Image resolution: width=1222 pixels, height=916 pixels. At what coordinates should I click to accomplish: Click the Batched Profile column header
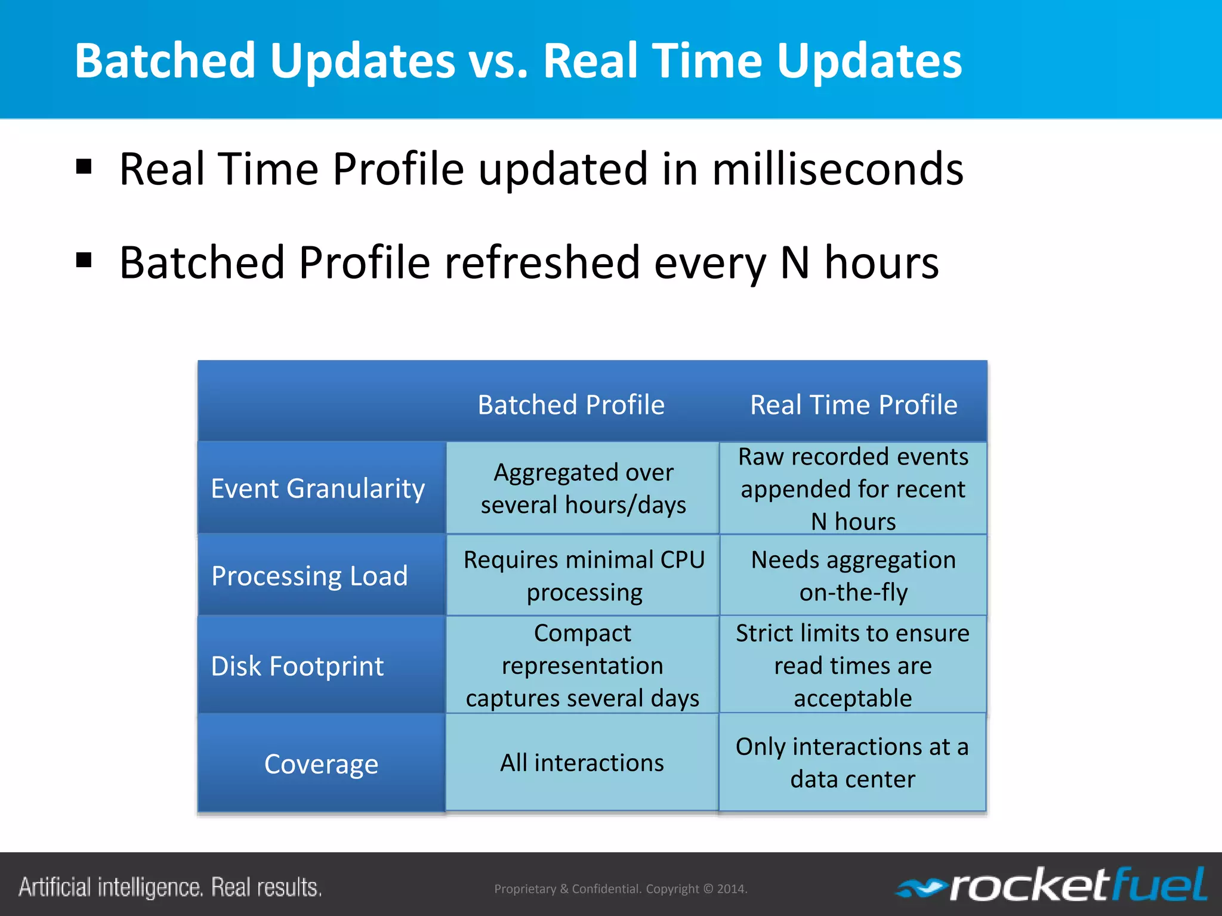[571, 405]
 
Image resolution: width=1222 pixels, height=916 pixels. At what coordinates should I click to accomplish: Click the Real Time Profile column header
[853, 405]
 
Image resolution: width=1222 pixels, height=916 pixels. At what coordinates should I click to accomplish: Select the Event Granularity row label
[317, 488]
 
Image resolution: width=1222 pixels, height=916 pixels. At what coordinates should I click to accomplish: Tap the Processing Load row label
[310, 576]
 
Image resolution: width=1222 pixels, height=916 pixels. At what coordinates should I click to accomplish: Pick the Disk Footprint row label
[297, 666]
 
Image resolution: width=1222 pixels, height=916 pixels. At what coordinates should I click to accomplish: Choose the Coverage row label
[321, 764]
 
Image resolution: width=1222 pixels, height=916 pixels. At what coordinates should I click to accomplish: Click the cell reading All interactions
[582, 763]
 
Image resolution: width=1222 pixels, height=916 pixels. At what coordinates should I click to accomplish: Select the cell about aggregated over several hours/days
[583, 488]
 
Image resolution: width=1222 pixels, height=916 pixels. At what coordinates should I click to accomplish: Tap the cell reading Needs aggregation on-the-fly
[853, 576]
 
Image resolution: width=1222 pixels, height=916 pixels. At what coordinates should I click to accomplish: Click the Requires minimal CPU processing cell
[584, 576]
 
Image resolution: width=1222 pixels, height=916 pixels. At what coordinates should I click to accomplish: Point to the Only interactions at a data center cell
[852, 763]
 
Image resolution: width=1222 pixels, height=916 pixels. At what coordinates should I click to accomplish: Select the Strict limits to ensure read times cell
[853, 665]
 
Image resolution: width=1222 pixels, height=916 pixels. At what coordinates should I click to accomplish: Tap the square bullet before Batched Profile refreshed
[84, 261]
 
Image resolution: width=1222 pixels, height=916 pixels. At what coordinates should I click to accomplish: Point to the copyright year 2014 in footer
[731, 889]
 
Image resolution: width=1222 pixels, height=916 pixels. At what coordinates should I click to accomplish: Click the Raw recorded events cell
[853, 488]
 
